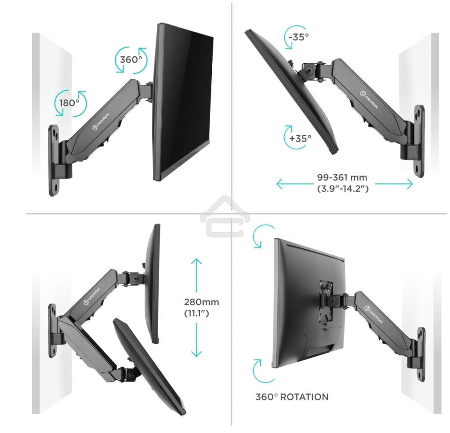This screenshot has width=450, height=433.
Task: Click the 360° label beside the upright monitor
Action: (x=131, y=59)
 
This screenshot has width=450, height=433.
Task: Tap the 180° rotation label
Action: (x=69, y=103)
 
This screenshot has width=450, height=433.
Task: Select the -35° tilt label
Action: (x=299, y=37)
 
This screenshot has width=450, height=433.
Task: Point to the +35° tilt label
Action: (x=301, y=138)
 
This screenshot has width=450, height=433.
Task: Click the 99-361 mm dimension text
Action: (x=342, y=178)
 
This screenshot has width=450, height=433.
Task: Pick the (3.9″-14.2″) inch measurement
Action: (x=342, y=189)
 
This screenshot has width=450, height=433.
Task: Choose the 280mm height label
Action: (x=201, y=302)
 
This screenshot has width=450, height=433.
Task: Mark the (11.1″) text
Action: (x=196, y=314)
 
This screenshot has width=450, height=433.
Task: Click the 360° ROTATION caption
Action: (x=292, y=397)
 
